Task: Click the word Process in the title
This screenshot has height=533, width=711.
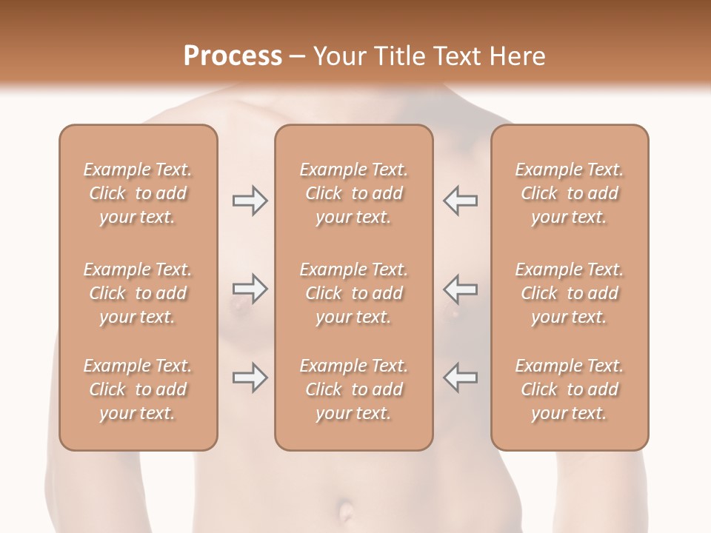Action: tap(233, 56)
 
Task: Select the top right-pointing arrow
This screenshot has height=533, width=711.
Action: tap(250, 201)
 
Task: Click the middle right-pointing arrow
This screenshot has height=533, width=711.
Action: tap(250, 289)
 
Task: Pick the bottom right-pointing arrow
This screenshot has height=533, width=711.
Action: tap(250, 378)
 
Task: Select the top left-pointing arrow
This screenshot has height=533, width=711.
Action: tap(461, 201)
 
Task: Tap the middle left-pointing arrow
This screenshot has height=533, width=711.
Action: tap(461, 289)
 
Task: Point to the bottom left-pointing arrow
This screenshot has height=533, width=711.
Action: tap(461, 378)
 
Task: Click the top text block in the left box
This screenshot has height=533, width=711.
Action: tap(138, 193)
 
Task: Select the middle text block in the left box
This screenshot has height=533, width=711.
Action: tap(138, 293)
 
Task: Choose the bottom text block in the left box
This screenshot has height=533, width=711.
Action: tap(138, 389)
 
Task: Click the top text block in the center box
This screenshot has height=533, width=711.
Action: tap(353, 193)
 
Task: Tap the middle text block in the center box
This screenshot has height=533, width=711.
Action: tap(353, 293)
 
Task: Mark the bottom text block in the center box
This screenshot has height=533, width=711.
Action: tap(353, 389)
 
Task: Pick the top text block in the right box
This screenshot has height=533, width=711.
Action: tap(569, 193)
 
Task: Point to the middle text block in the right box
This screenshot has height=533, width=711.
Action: tap(569, 293)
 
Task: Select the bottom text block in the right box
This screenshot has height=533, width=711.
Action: tap(569, 389)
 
